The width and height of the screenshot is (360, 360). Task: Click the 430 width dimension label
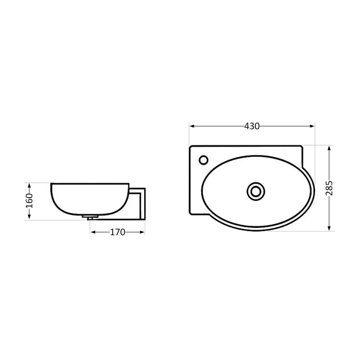pyautogui.click(x=252, y=126)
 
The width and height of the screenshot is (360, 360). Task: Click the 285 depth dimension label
pyautogui.click(x=329, y=188)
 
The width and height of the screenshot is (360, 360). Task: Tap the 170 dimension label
pyautogui.click(x=117, y=233)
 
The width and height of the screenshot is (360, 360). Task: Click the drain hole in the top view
pyautogui.click(x=256, y=191)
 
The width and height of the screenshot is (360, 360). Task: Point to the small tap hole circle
pyautogui.click(x=203, y=159)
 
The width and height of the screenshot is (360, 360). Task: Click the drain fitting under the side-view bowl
pyautogui.click(x=90, y=217)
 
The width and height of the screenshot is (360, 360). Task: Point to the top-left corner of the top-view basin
pyautogui.click(x=191, y=147)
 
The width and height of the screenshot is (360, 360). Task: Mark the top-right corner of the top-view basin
pyautogui.click(x=302, y=146)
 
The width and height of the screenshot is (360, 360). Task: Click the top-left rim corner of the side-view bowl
pyautogui.click(x=51, y=184)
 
